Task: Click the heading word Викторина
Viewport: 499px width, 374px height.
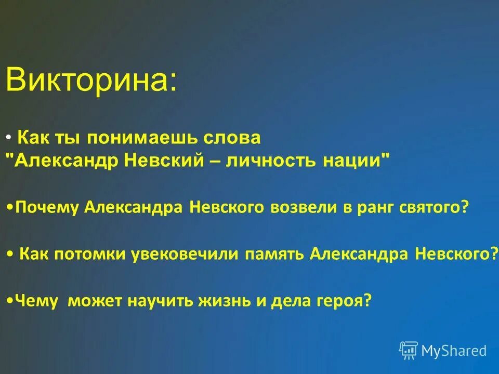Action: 91,80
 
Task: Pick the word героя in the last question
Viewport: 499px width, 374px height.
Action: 342,301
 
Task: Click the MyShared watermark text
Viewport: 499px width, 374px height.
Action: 454,351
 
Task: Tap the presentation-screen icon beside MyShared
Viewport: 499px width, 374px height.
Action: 409,350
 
